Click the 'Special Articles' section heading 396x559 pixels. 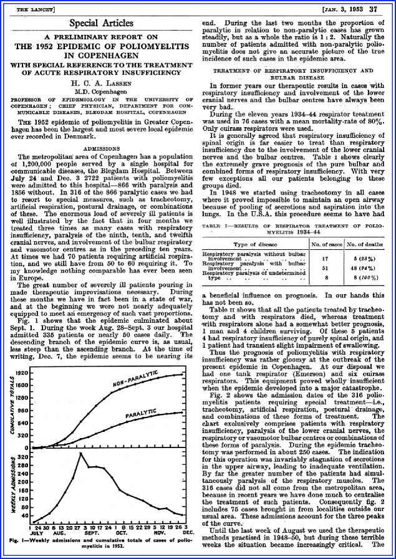click(100, 23)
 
